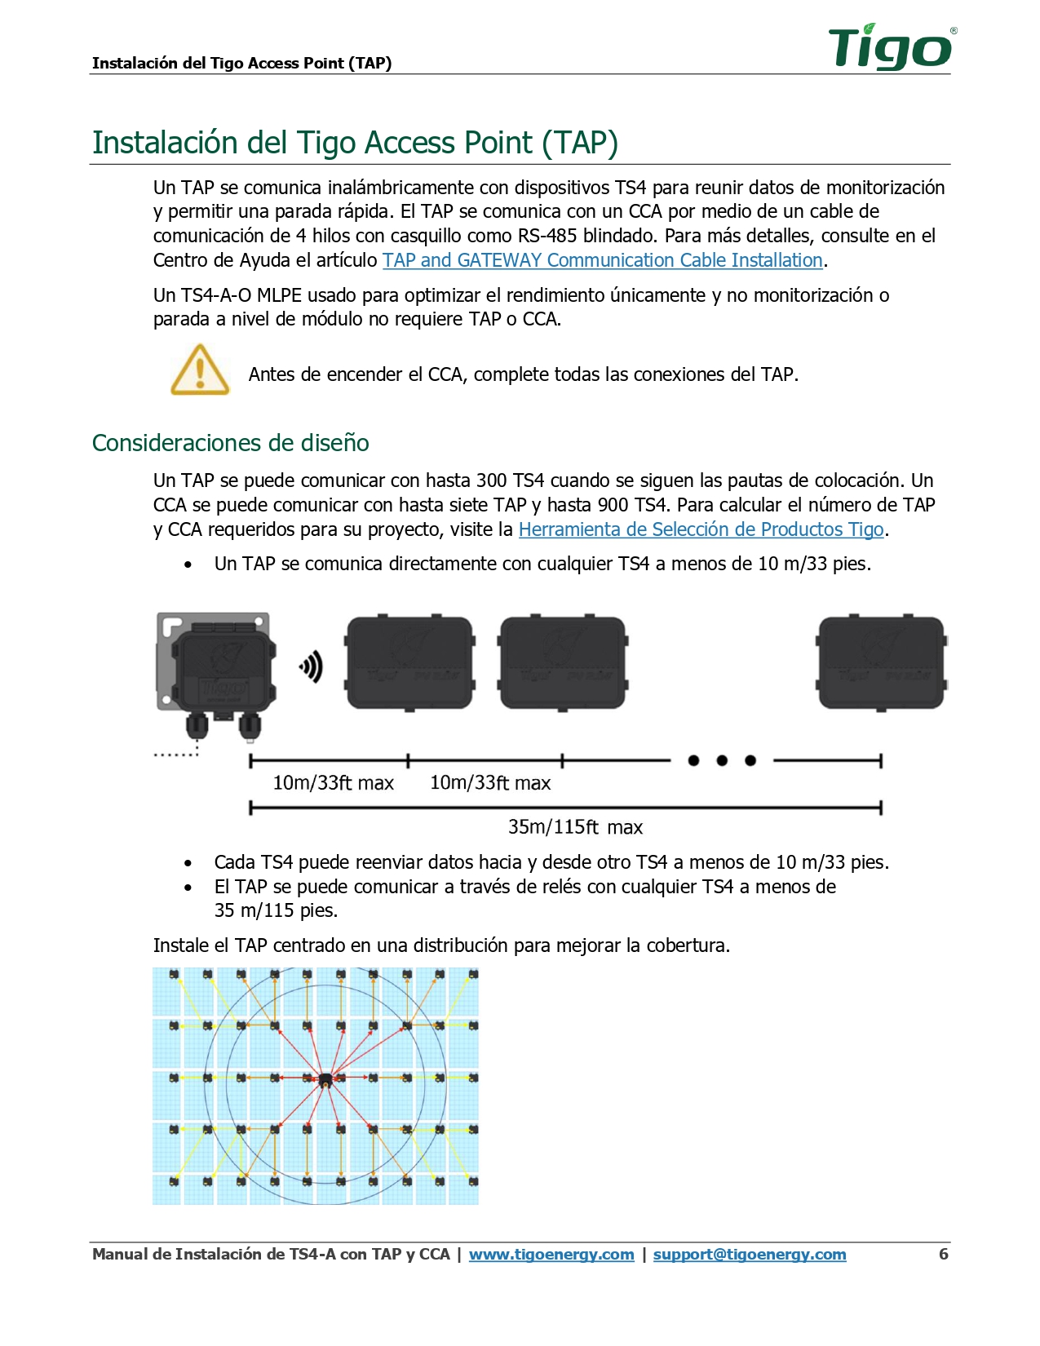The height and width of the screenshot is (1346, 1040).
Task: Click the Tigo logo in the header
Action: (892, 47)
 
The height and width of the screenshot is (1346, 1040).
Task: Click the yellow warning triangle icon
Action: (200, 370)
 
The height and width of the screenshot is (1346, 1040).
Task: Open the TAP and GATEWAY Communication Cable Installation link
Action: (602, 260)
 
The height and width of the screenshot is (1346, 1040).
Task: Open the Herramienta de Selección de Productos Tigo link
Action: (701, 529)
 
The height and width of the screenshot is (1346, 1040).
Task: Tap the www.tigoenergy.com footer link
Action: (551, 1255)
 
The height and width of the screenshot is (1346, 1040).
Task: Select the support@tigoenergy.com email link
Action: (749, 1255)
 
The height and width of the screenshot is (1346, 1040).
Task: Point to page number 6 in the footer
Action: (943, 1254)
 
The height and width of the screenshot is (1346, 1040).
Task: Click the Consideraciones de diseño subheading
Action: (231, 443)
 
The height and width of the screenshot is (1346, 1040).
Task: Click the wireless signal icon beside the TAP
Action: (312, 666)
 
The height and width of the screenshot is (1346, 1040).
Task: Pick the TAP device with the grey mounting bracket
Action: (217, 674)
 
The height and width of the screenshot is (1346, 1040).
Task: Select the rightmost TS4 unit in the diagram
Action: (881, 663)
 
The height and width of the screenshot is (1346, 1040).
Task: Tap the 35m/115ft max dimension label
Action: (575, 827)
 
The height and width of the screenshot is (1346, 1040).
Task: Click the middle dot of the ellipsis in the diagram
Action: (722, 761)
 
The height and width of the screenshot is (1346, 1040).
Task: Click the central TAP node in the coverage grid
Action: (325, 1081)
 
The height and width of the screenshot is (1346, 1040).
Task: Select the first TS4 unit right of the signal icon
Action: (409, 663)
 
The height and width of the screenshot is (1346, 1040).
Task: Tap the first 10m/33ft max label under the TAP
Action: (333, 783)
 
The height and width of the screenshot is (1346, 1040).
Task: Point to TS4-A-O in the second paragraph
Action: (216, 295)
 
